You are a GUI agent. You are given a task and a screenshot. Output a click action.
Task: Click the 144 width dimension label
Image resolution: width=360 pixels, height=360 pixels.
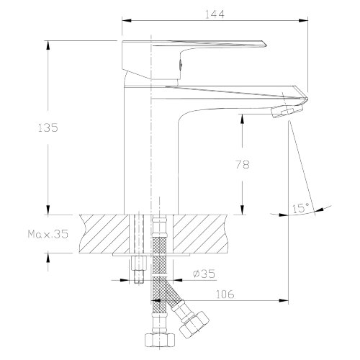tap(215, 14)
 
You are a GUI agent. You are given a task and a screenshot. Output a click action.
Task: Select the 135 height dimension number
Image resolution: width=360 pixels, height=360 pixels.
tap(48, 127)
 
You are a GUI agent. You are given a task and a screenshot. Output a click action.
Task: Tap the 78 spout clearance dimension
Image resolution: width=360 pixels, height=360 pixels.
tap(243, 164)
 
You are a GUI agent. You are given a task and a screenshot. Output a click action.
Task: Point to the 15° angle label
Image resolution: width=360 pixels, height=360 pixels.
tap(300, 208)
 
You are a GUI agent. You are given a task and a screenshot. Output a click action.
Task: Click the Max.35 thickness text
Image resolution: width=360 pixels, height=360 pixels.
tap(48, 234)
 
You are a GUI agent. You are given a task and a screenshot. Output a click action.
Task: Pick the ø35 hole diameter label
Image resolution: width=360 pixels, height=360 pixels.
tap(204, 274)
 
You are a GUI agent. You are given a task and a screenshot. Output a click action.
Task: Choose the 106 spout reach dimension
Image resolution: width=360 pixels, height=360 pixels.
tap(225, 294)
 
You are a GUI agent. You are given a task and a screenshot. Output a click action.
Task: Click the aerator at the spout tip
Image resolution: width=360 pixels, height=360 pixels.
tap(287, 111)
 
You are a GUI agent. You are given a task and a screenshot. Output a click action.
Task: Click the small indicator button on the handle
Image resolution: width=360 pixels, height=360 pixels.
tap(181, 65)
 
